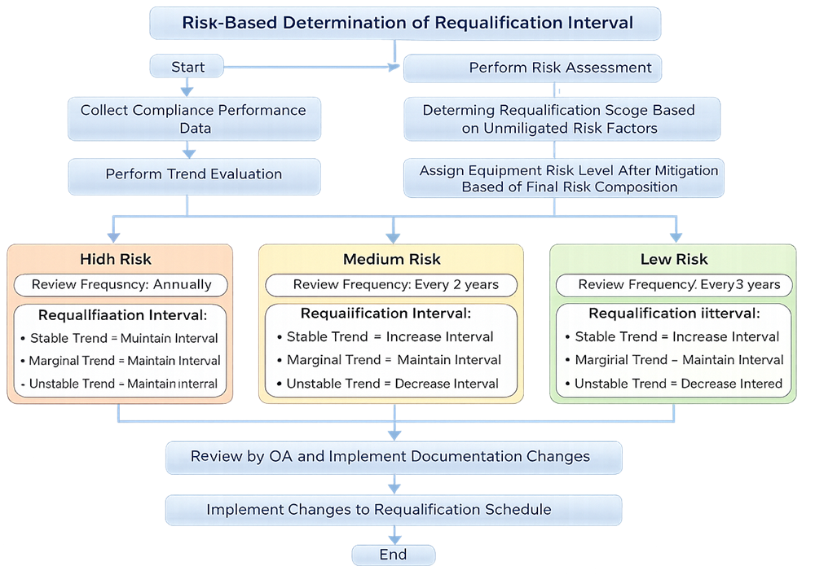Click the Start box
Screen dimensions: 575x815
[187, 67]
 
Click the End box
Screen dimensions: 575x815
[393, 555]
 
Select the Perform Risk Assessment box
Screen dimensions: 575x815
[532, 68]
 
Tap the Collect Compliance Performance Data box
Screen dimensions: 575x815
[194, 119]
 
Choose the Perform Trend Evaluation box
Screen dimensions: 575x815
[194, 174]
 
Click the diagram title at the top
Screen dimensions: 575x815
[404, 23]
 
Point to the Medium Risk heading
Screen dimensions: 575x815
[392, 259]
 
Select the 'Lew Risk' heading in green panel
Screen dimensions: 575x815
[674, 259]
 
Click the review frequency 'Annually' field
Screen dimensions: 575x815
[121, 284]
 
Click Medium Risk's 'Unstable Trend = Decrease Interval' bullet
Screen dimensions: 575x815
[392, 384]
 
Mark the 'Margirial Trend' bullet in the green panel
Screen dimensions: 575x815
[679, 360]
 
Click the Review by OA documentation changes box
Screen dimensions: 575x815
[393, 457]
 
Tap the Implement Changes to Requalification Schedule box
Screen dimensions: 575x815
[393, 510]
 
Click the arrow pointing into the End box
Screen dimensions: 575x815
[394, 537]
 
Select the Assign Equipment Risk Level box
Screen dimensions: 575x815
[563, 178]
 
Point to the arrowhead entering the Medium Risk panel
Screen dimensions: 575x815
[394, 236]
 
